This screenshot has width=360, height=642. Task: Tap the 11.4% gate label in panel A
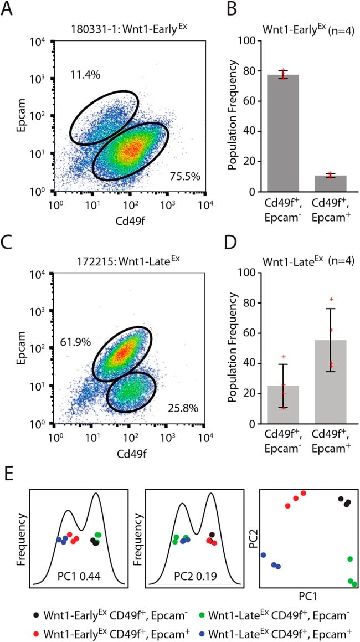click(x=85, y=75)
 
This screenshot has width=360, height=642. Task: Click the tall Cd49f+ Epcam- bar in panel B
click(x=282, y=133)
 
